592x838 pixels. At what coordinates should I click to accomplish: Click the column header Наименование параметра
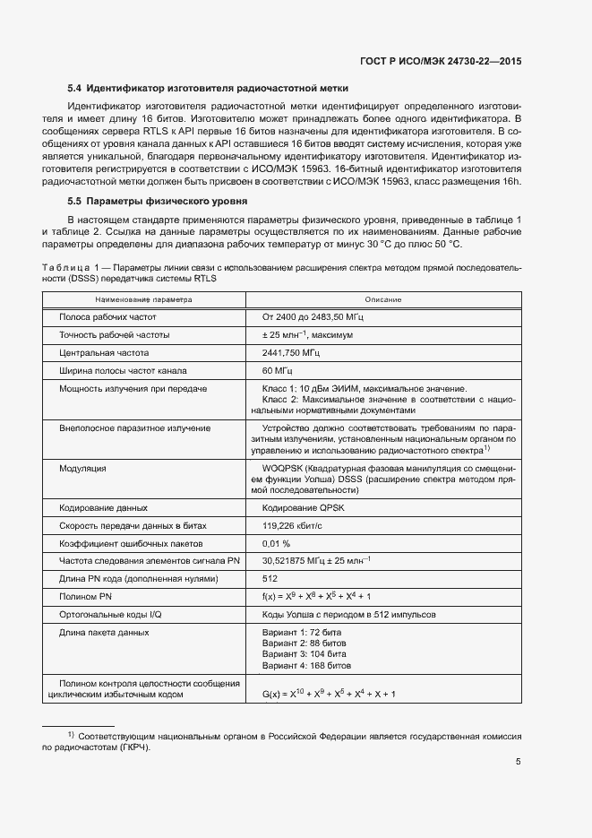tap(144, 299)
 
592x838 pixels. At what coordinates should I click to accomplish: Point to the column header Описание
tap(382, 299)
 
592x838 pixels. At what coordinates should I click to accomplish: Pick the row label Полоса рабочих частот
tap(107, 317)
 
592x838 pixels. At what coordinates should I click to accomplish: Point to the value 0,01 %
tap(276, 543)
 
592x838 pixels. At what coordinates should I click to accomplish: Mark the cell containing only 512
tap(270, 578)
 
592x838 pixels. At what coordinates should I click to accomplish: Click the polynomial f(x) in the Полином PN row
tap(316, 596)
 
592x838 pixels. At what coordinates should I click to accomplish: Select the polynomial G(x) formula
tap(329, 694)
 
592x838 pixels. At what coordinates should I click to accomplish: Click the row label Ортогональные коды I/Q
tap(111, 614)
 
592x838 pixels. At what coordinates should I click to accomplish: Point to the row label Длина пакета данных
tap(104, 632)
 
